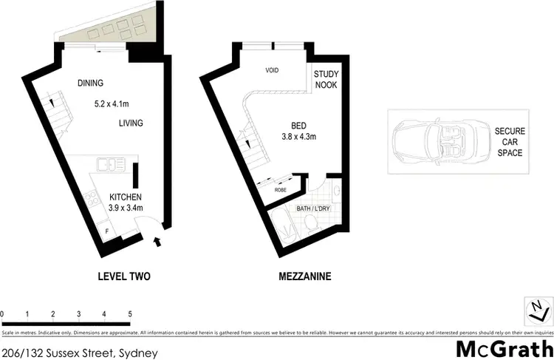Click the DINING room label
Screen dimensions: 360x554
(90, 83)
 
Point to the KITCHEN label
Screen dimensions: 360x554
(126, 197)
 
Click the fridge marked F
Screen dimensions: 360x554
(106, 232)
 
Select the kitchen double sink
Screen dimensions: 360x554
(110, 165)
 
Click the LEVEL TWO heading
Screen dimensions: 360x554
(124, 277)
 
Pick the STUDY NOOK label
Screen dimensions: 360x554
(326, 80)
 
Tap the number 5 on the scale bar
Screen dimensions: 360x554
(130, 315)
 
